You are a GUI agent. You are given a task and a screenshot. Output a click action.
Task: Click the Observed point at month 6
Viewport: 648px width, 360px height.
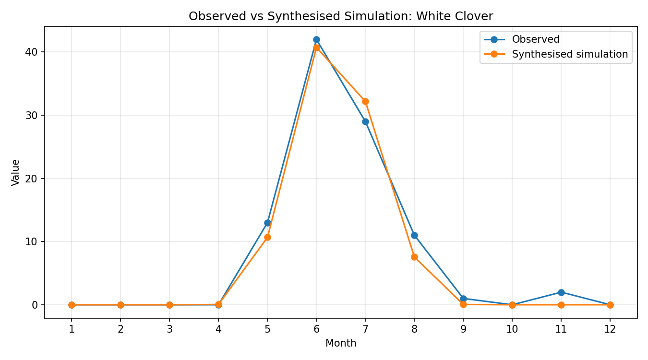point(316,40)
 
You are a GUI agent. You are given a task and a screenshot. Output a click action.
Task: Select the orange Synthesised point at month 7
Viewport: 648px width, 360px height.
point(365,101)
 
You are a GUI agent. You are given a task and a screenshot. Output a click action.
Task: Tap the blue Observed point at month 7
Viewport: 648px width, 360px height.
point(365,121)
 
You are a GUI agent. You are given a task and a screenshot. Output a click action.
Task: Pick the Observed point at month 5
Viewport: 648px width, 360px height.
point(267,223)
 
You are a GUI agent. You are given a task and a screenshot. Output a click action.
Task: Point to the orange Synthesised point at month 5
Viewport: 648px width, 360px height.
point(267,237)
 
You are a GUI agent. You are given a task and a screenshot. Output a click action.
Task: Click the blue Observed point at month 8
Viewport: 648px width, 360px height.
point(414,235)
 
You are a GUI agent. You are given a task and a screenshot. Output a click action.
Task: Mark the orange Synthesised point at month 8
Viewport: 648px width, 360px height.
point(414,257)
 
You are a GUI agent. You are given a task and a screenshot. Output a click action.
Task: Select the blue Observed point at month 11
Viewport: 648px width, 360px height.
point(561,292)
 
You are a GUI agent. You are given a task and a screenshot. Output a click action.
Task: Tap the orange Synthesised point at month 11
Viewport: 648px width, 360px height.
point(561,305)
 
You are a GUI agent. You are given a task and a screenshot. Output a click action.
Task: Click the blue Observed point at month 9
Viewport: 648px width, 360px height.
point(463,299)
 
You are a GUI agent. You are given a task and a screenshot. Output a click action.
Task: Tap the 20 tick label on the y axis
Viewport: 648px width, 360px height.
point(32,179)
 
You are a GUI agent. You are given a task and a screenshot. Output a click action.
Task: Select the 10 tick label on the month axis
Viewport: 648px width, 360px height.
point(512,329)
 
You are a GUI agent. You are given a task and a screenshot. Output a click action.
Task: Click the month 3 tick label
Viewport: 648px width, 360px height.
point(169,329)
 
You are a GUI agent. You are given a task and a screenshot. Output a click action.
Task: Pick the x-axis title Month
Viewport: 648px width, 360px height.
point(341,343)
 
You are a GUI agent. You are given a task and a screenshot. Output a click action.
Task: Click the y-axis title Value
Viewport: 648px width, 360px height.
point(15,172)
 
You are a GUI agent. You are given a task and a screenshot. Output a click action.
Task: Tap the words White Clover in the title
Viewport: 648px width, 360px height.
point(455,16)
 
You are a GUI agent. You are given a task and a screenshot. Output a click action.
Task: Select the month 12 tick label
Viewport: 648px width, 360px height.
point(610,329)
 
